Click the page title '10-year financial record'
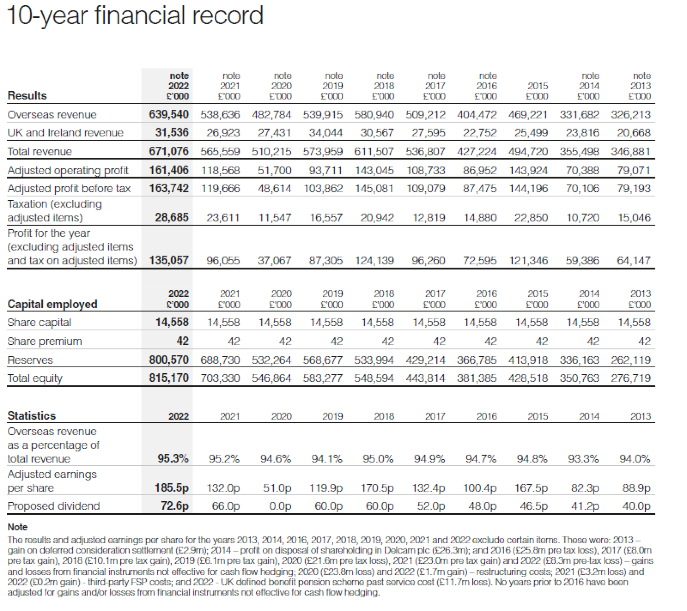[x=134, y=16]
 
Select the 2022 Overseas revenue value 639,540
[x=169, y=114]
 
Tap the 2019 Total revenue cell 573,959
[x=323, y=151]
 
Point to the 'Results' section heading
[x=27, y=96]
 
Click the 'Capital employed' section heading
[x=52, y=304]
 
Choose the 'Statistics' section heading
[x=32, y=416]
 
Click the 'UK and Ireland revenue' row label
[x=65, y=133]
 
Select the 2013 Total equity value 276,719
[x=631, y=378]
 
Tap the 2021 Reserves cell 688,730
[x=220, y=360]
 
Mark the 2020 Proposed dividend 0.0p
[x=280, y=506]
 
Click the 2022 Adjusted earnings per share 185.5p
[x=172, y=488]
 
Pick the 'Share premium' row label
[x=44, y=341]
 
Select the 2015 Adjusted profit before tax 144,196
[x=528, y=188]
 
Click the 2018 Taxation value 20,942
[x=377, y=218]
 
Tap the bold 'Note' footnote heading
[x=17, y=527]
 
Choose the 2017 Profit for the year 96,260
[x=428, y=260]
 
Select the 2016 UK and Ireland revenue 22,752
[x=480, y=133]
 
